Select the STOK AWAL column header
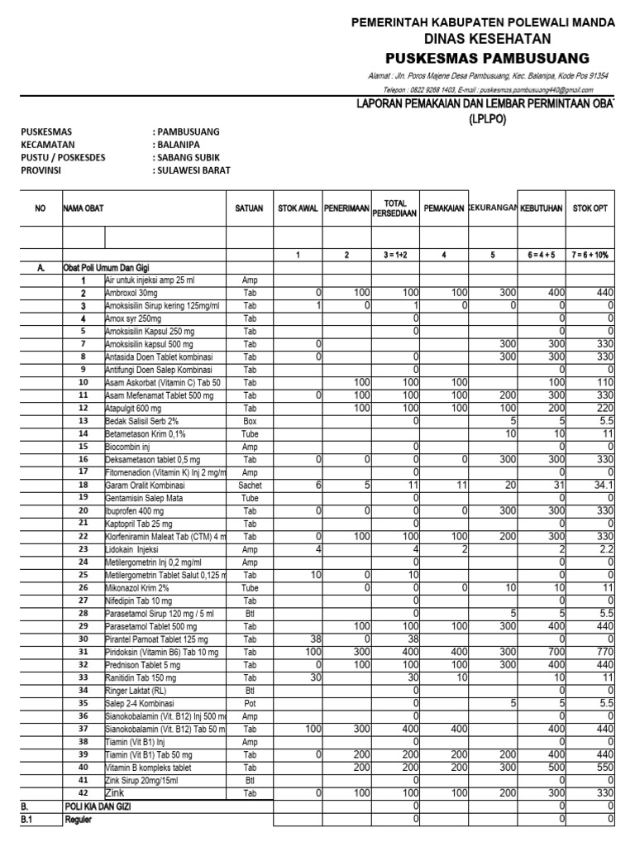tap(298, 209)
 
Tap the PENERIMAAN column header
tap(346, 209)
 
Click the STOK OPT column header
tap(590, 209)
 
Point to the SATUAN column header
tap(249, 209)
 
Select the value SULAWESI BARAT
tap(193, 170)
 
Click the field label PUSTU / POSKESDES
tap(63, 157)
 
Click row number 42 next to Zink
tap(83, 791)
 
